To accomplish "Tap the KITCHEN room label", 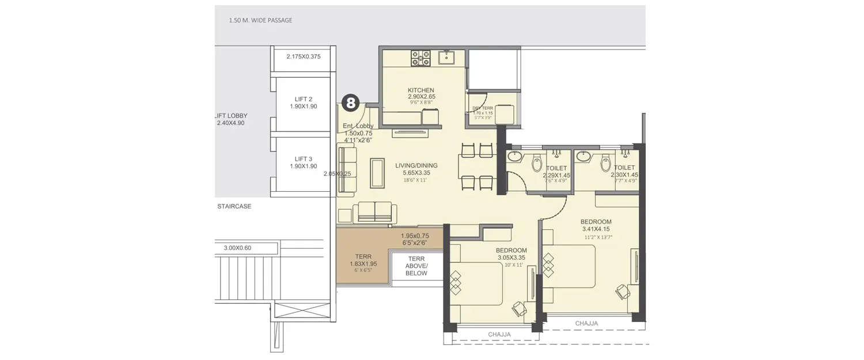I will (421, 90).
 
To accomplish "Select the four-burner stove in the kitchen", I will (420, 58).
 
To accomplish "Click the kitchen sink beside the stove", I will (446, 58).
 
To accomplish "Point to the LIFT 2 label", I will (304, 99).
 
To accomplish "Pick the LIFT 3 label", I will (304, 159).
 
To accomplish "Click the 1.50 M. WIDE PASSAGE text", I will (260, 21).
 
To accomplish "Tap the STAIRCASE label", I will (234, 206).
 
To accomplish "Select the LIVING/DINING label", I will (416, 166).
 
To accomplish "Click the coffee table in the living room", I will (377, 173).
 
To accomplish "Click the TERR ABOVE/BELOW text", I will (416, 266).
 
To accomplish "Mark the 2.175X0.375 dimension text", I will (304, 56).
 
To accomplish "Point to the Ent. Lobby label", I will (358, 126).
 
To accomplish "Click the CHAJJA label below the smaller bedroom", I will (499, 334).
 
